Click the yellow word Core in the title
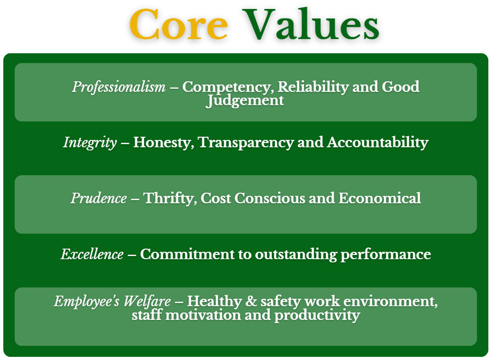tap(178, 25)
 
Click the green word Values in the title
tap(313, 25)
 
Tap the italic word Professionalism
tap(119, 87)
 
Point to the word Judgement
tap(245, 100)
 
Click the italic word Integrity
tap(90, 143)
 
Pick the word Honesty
tap(163, 143)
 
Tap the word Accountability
tap(377, 143)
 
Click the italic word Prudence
tap(99, 198)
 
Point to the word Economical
tap(380, 198)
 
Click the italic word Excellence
tap(92, 254)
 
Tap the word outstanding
tap(296, 254)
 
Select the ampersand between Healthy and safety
tap(250, 302)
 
